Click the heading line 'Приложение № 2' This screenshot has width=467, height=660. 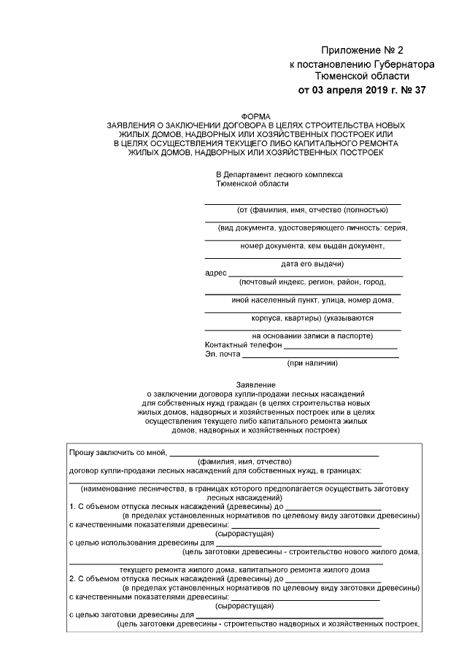[x=362, y=50]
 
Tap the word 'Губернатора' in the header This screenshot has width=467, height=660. [x=397, y=63]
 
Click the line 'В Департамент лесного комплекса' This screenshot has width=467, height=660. [x=279, y=175]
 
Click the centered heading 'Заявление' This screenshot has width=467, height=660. [x=255, y=384]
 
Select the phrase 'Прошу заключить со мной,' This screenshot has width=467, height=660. [x=117, y=452]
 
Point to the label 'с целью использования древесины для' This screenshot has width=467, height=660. [x=140, y=543]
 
